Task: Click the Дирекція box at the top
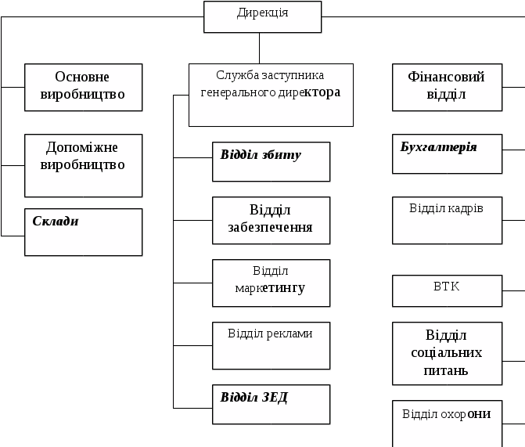262,16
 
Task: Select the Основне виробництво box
83,87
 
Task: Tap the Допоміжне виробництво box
83,165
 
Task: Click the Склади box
83,232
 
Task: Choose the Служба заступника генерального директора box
271,95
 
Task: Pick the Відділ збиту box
271,161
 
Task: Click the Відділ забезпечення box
271,220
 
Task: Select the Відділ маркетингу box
271,283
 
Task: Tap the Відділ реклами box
271,344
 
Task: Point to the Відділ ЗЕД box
271,404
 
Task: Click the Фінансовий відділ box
447,87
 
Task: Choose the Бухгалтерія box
447,153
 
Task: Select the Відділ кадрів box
447,220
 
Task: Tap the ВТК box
447,290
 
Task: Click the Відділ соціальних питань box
447,353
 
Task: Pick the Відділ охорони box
447,423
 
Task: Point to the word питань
447,370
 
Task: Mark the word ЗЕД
275,397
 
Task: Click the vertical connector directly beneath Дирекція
261,48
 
